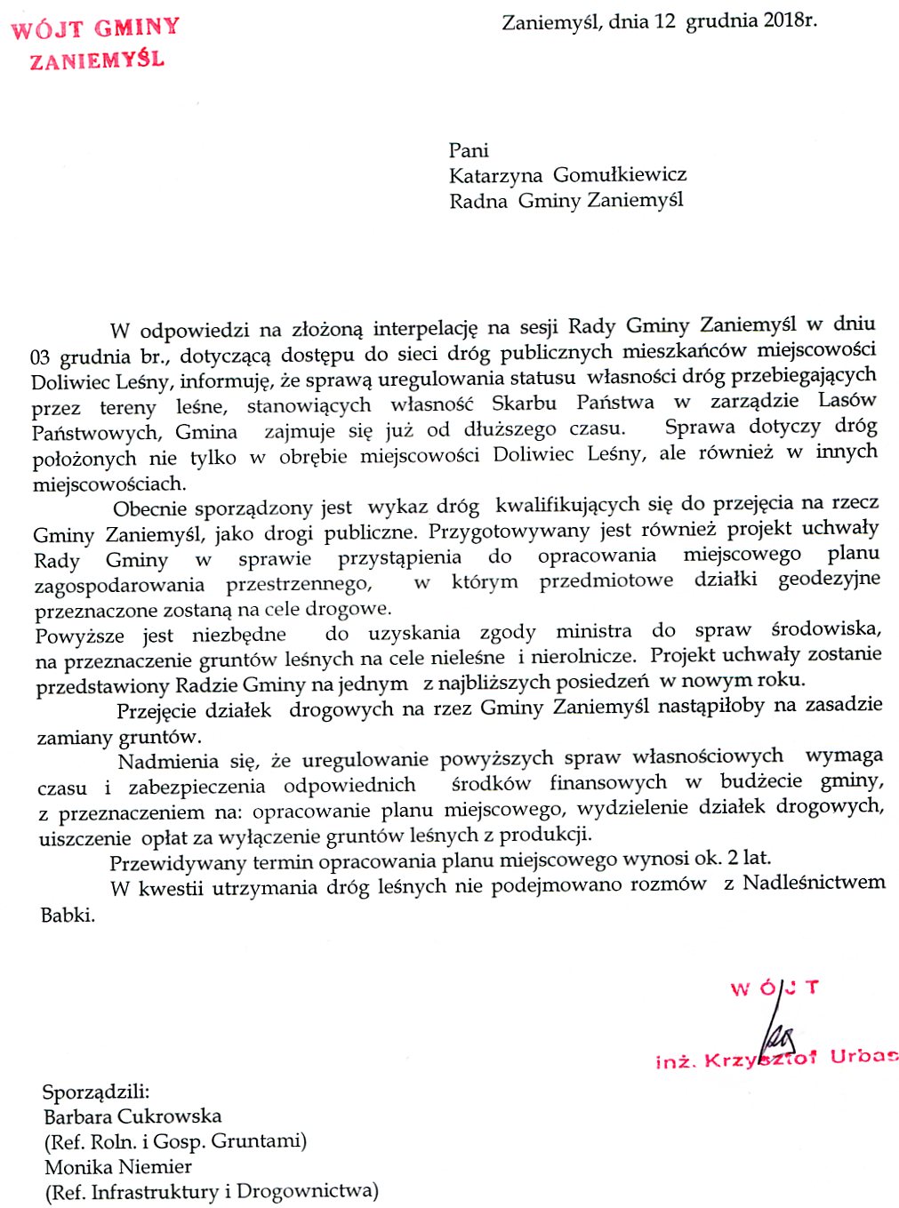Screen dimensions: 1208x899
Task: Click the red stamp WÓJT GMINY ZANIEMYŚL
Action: click(x=95, y=43)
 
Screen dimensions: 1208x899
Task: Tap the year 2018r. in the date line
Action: click(x=789, y=20)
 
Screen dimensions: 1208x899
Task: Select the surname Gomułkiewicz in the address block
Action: click(x=619, y=174)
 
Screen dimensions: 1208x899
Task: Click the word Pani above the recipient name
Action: click(x=469, y=150)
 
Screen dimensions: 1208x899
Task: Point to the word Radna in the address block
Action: click(x=478, y=201)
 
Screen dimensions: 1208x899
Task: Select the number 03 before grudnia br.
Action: click(x=40, y=357)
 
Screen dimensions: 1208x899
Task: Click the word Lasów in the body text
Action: click(x=847, y=400)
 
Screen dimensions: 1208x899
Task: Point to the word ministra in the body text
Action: click(x=593, y=631)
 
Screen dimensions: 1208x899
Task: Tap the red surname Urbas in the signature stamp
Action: click(x=863, y=1057)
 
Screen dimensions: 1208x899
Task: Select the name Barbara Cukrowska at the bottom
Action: click(x=132, y=1116)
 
